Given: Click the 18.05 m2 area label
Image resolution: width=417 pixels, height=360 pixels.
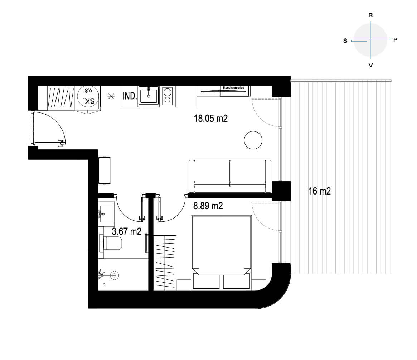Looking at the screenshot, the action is click(x=210, y=119).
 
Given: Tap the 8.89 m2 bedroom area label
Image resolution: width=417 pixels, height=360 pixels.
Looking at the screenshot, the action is click(x=208, y=206).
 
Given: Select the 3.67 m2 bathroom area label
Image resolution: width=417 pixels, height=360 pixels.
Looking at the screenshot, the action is click(x=127, y=231).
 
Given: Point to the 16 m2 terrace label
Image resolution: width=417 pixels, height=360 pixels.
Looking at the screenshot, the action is click(x=319, y=191).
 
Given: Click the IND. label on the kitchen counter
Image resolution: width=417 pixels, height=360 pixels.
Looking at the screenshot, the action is click(x=130, y=96).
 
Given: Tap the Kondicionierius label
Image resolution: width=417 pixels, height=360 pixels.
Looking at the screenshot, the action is click(x=234, y=87).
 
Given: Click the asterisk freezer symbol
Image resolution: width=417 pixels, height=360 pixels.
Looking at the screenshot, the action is click(x=111, y=96).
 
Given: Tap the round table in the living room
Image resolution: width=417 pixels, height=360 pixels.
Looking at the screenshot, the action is click(x=253, y=140).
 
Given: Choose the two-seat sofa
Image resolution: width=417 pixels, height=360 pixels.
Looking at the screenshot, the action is click(x=230, y=176).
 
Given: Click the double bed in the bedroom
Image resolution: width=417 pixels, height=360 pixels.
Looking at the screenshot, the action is click(x=221, y=252).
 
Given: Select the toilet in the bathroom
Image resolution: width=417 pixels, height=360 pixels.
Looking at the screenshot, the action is click(x=111, y=243).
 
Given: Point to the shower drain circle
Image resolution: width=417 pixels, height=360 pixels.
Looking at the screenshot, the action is click(x=114, y=275).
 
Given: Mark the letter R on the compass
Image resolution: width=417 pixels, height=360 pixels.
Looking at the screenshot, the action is click(x=370, y=15).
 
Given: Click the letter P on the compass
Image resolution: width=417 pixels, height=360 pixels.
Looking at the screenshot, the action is click(x=396, y=40).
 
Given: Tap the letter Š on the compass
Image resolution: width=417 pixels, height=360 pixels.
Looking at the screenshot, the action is click(x=345, y=40).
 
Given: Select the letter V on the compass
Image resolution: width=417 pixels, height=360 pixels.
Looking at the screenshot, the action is click(x=371, y=65).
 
